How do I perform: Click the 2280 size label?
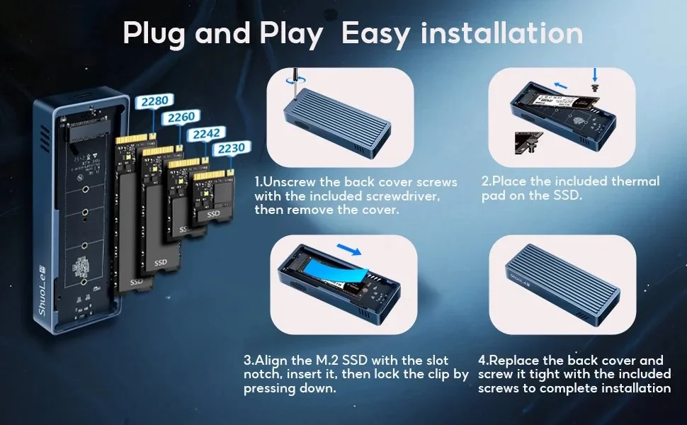154,101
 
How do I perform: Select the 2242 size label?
205,133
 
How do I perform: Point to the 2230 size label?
231,148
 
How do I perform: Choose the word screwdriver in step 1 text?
418,196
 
